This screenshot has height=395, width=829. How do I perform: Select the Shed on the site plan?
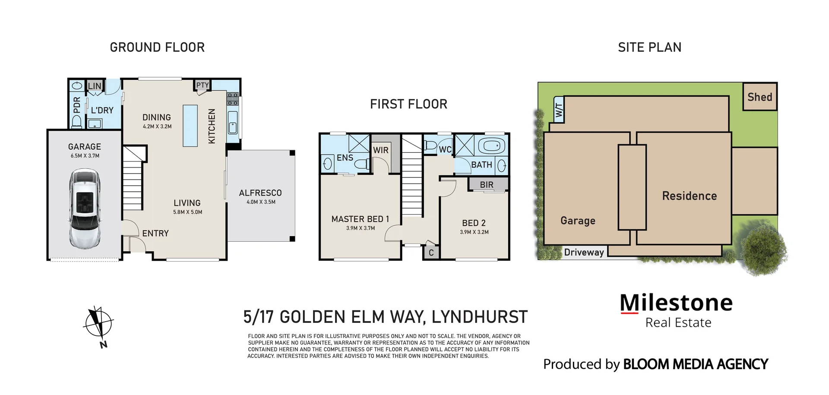(x=759, y=97)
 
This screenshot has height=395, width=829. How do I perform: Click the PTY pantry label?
(x=202, y=85)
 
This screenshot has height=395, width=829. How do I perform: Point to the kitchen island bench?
(x=190, y=126)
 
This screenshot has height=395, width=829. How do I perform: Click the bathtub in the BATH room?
(x=491, y=145)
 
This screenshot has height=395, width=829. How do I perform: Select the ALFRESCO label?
(x=260, y=193)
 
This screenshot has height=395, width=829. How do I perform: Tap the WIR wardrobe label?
(x=381, y=150)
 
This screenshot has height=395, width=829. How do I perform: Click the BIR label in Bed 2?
(x=487, y=185)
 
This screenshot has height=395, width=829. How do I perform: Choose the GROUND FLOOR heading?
(x=157, y=47)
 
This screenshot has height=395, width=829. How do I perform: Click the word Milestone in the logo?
(x=676, y=303)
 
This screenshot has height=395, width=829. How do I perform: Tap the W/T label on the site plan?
(x=559, y=110)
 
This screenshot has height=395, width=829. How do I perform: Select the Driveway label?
(x=584, y=253)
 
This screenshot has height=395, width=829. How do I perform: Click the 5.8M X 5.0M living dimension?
(x=187, y=212)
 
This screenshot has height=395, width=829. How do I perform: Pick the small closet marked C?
(x=431, y=253)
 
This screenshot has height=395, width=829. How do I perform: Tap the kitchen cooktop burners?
(x=233, y=99)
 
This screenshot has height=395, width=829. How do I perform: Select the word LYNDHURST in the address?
(x=479, y=317)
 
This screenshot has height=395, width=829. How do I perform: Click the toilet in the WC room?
(x=430, y=145)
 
